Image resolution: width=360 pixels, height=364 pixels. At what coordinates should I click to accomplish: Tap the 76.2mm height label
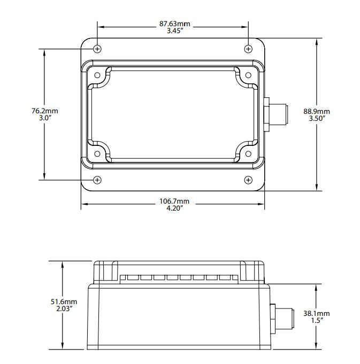click(45, 111)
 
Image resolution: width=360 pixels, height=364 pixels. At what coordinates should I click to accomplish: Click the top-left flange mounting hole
click(97, 49)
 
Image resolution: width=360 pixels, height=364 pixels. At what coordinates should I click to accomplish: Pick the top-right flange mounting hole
click(248, 49)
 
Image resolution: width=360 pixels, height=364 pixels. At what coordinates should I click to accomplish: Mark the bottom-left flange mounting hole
click(97, 180)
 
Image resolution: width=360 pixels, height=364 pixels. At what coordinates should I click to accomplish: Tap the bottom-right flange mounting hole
click(248, 180)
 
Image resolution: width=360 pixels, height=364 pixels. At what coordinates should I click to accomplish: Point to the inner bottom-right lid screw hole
click(248, 154)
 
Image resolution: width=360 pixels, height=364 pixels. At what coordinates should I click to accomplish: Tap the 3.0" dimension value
click(45, 119)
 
